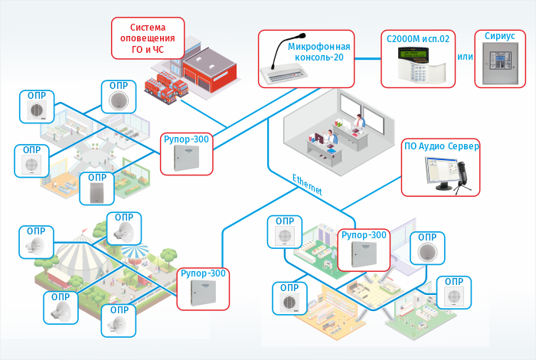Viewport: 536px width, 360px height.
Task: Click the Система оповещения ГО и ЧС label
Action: pos(149,38)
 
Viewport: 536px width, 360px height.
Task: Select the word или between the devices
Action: pos(463,58)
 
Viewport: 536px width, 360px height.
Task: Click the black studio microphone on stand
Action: pos(462,175)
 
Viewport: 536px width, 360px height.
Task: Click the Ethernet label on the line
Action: pos(307,184)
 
